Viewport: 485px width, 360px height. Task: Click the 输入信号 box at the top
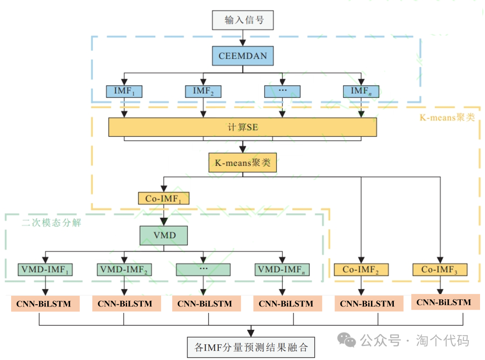click(x=242, y=20)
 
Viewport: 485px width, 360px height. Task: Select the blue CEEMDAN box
click(x=242, y=56)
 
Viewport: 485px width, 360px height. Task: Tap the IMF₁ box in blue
click(x=124, y=91)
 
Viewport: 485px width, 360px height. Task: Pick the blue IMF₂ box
click(x=203, y=91)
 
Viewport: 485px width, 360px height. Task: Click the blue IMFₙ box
click(x=361, y=91)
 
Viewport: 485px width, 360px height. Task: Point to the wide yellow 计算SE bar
click(x=242, y=127)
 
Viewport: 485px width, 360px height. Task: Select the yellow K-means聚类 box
click(x=242, y=163)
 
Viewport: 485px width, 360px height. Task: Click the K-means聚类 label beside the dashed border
click(x=447, y=118)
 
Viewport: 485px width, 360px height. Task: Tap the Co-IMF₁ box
click(x=163, y=199)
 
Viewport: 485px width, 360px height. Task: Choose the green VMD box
click(x=164, y=236)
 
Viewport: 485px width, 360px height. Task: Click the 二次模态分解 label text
click(x=51, y=223)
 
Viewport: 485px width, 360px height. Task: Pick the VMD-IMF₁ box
click(x=45, y=270)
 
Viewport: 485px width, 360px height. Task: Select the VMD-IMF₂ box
click(x=124, y=270)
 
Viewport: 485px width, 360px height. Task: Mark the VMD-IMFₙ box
click(x=282, y=270)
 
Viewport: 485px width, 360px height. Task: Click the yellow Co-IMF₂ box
click(x=361, y=270)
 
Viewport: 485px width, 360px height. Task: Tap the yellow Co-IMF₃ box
click(x=440, y=270)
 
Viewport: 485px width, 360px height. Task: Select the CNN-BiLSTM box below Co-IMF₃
click(x=445, y=302)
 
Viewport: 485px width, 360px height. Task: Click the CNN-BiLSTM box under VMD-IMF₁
click(x=45, y=304)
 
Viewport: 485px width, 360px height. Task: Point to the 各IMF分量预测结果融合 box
click(x=251, y=347)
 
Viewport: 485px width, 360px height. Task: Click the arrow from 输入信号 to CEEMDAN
click(x=242, y=38)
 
